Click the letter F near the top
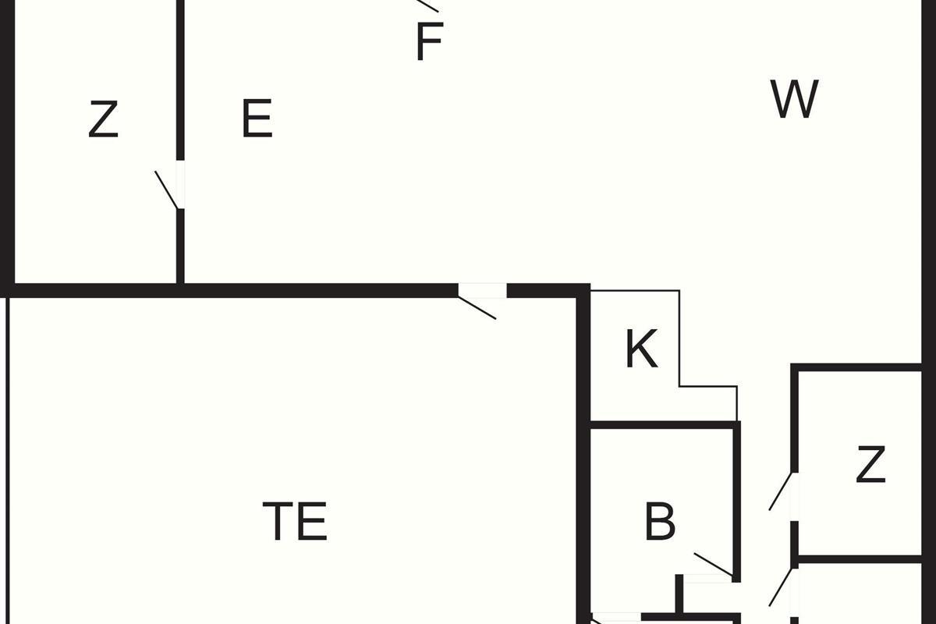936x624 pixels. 430,42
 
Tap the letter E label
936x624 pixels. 257,119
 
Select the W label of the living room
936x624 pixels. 794,99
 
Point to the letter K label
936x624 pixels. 642,349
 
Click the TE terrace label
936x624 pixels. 295,521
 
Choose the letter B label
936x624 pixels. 660,522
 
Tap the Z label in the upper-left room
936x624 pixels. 103,119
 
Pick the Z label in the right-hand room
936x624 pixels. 870,464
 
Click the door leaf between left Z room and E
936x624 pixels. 167,190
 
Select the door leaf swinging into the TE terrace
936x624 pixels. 477,308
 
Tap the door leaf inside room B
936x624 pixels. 713,565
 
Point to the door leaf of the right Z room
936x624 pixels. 781,491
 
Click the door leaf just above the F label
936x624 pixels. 427,6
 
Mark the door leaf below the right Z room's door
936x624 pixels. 781,587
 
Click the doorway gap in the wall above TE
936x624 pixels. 482,290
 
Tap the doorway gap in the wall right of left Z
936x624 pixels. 180,184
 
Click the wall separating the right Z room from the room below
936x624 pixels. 860,559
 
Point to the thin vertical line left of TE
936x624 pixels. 7,460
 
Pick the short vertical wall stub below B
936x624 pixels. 679,594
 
